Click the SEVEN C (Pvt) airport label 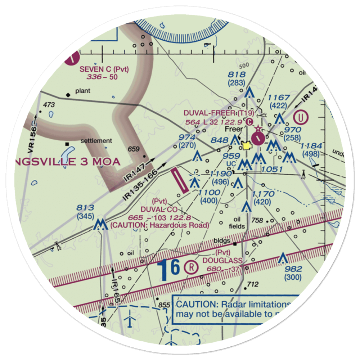[x=104, y=69]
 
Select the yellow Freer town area [x=247, y=146]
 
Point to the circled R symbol [x=191, y=267]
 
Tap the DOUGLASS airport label [x=220, y=260]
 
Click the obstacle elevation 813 [x=85, y=208]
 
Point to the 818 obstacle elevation [x=237, y=75]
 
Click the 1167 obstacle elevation [x=279, y=98]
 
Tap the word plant [x=83, y=92]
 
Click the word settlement [x=96, y=141]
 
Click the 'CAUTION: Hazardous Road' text [x=160, y=225]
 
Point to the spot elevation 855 [x=164, y=305]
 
